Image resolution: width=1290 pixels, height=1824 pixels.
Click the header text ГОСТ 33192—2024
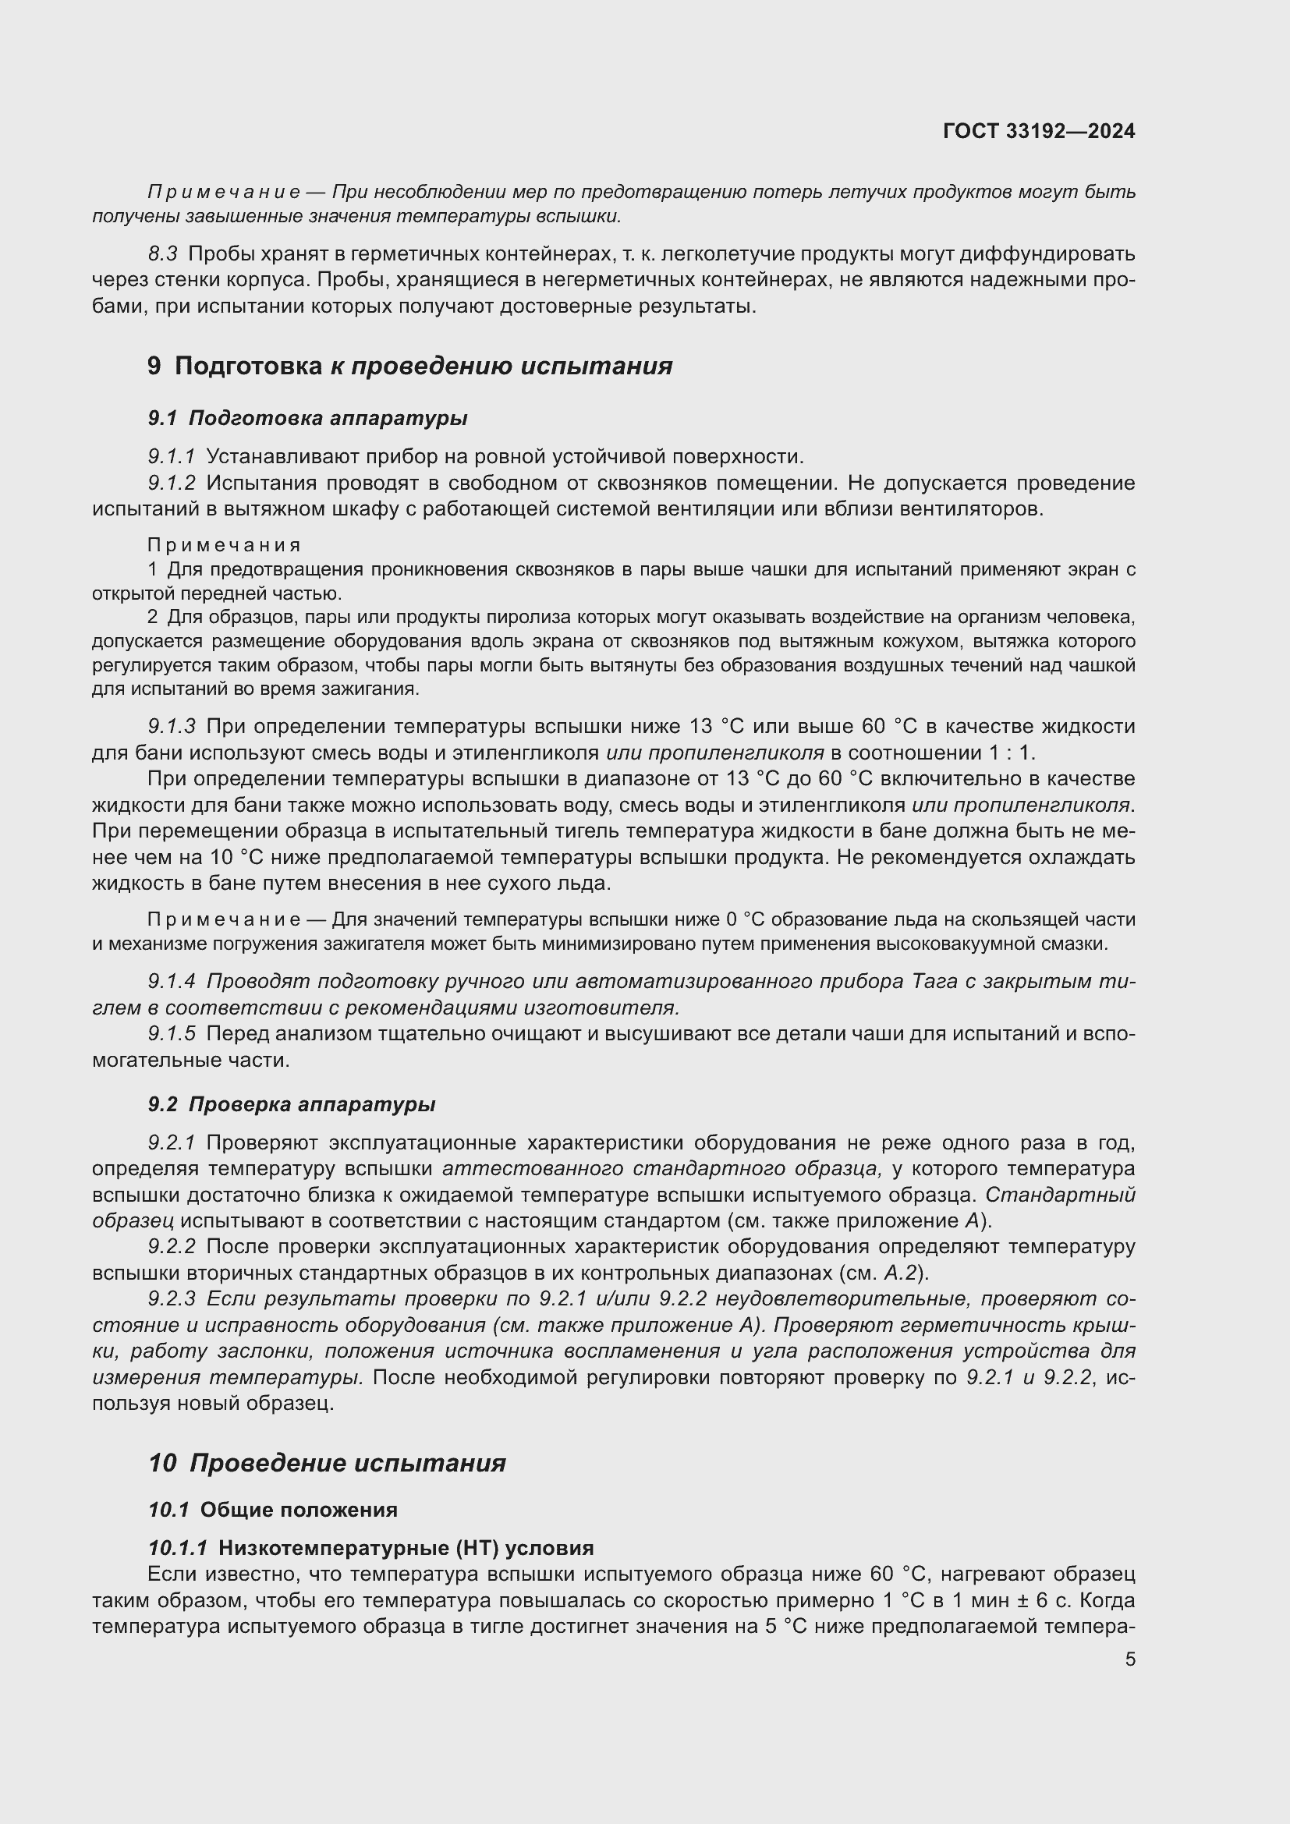coord(1038,131)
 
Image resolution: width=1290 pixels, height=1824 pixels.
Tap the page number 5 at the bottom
coord(1129,1659)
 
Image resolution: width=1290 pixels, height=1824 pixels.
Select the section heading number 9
coord(154,367)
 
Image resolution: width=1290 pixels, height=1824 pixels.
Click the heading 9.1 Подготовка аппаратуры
coord(307,418)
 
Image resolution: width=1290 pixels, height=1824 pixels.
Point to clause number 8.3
coord(163,254)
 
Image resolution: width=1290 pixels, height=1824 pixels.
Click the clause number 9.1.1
coord(172,457)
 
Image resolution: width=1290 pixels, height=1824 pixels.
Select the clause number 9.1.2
coord(172,483)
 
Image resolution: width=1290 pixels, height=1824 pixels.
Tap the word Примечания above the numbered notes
coord(224,545)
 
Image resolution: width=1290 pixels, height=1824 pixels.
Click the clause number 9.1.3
coord(172,726)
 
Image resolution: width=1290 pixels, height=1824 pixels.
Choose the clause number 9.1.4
coord(172,981)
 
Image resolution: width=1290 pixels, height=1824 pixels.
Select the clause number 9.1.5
coord(172,1033)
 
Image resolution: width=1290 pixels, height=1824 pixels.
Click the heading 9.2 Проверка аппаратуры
coord(292,1104)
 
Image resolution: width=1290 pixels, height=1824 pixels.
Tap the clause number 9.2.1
coord(172,1142)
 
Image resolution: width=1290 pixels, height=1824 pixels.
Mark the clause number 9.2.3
coord(172,1299)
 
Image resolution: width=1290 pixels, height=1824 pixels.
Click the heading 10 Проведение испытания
coord(327,1462)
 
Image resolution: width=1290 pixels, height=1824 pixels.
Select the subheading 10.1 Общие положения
coord(272,1510)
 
